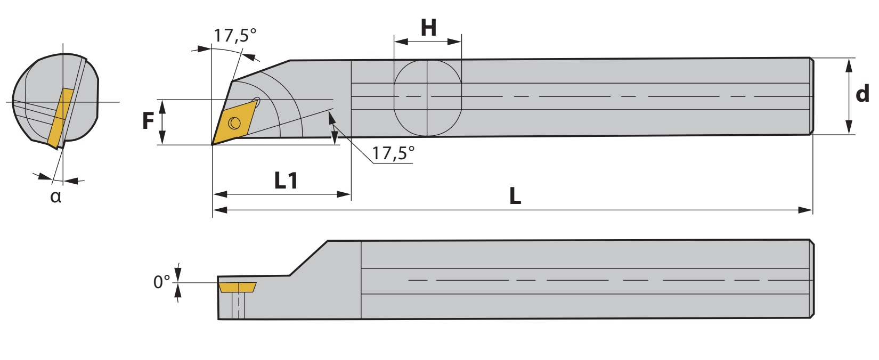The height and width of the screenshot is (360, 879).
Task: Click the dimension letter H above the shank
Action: pos(428,28)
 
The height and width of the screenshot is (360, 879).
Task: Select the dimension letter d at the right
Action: pos(862,94)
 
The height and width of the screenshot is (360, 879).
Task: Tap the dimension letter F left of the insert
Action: pos(148,120)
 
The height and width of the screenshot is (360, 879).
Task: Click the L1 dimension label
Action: pos(286,181)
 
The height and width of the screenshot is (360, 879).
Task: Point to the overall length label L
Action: pos(515,196)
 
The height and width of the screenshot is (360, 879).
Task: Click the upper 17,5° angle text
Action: pos(234,35)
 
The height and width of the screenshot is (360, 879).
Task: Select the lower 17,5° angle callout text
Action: pos(393,153)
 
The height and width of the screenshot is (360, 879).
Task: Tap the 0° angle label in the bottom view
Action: pos(161,282)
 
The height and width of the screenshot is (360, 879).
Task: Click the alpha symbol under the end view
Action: pos(56,197)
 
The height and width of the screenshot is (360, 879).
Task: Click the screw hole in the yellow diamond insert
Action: pos(234,123)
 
